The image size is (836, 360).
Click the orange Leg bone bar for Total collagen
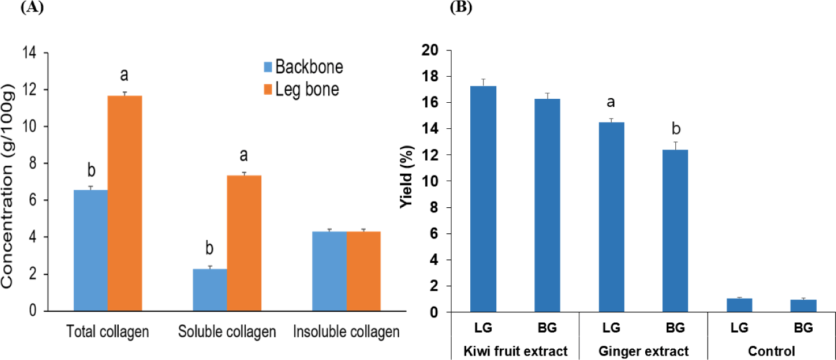(124, 203)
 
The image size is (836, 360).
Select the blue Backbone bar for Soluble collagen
(210, 290)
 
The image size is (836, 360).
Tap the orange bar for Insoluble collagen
(363, 271)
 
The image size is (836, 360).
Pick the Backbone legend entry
(303, 67)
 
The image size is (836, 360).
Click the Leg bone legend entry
(302, 90)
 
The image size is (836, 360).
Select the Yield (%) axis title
(407, 177)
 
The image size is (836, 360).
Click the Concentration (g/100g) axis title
(7, 186)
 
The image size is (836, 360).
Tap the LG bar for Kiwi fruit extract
(483, 199)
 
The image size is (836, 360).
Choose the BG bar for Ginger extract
(675, 231)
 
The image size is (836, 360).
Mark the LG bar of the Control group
(739, 305)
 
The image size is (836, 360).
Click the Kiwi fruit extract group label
(516, 351)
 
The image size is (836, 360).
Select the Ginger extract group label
(643, 351)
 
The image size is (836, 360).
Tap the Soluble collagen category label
(227, 332)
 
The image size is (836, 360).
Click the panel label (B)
(461, 7)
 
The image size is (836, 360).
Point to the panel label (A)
(32, 7)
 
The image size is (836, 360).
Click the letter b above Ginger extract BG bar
(676, 128)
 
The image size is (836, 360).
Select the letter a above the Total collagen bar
(124, 75)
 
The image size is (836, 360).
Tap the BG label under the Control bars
(804, 328)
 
